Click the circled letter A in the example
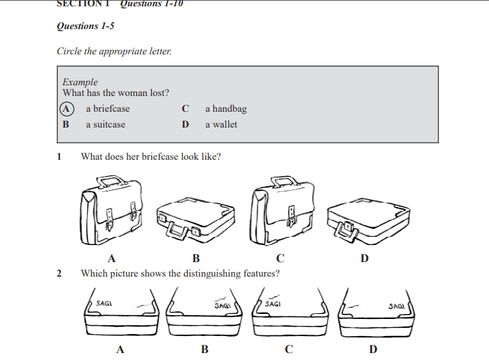66,109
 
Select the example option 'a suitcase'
106,124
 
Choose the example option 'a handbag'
226,109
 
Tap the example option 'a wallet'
221,124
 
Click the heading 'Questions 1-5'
85,26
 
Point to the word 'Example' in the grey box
80,82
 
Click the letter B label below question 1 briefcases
196,258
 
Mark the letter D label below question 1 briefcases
365,258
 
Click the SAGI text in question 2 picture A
104,304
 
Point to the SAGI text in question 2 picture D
397,306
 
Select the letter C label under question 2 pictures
289,349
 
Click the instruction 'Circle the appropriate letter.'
114,51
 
